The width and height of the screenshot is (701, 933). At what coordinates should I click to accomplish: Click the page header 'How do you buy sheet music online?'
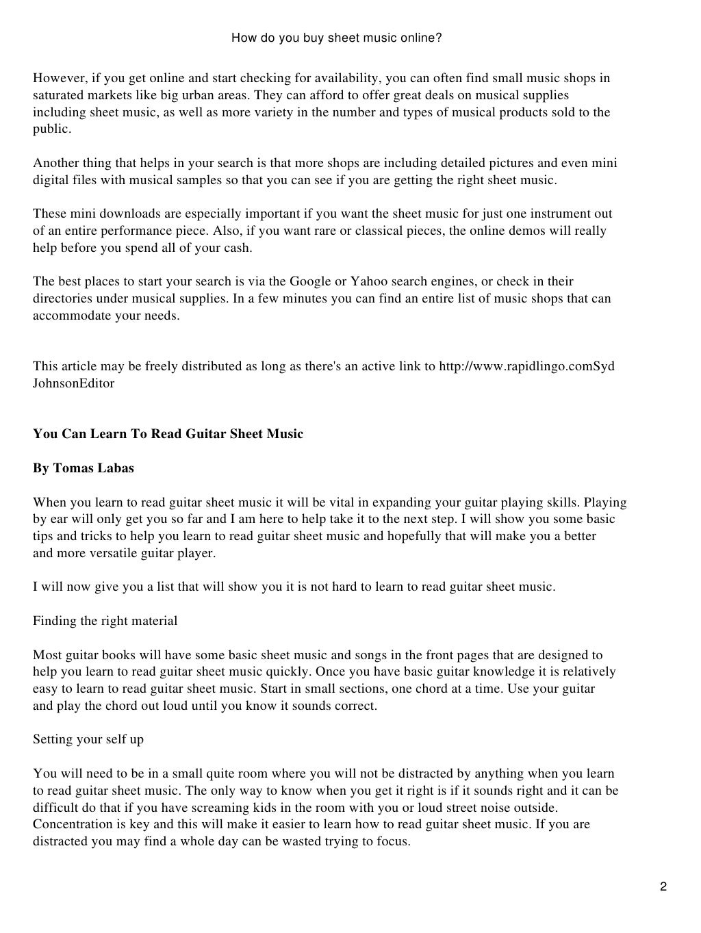[336, 38]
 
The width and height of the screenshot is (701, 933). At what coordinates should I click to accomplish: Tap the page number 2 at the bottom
[663, 888]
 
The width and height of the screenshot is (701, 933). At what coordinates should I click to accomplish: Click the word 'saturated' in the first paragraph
[59, 95]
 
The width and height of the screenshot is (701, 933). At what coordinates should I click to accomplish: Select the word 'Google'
[309, 281]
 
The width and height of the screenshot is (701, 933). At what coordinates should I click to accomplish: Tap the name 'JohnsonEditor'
[73, 383]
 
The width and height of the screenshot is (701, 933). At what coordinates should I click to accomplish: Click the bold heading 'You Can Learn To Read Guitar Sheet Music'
[168, 434]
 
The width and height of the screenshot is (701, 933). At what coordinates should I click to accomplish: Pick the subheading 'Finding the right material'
[105, 621]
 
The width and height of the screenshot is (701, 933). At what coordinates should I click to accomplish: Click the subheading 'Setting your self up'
[88, 739]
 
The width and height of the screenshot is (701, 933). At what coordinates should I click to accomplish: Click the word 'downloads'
[120, 214]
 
